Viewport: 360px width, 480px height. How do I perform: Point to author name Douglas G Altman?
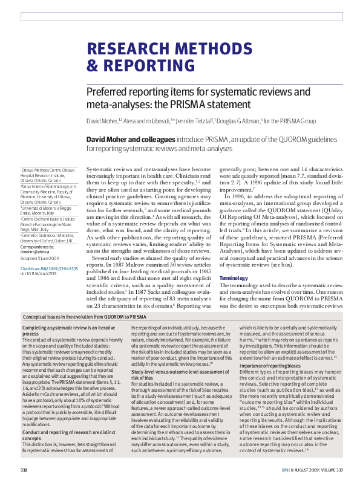pos(249,122)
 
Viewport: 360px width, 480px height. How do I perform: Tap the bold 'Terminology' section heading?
pos(234,277)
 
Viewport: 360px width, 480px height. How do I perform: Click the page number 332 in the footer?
pos(25,469)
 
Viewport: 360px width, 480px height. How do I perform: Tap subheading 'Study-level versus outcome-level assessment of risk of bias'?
pos(170,377)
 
